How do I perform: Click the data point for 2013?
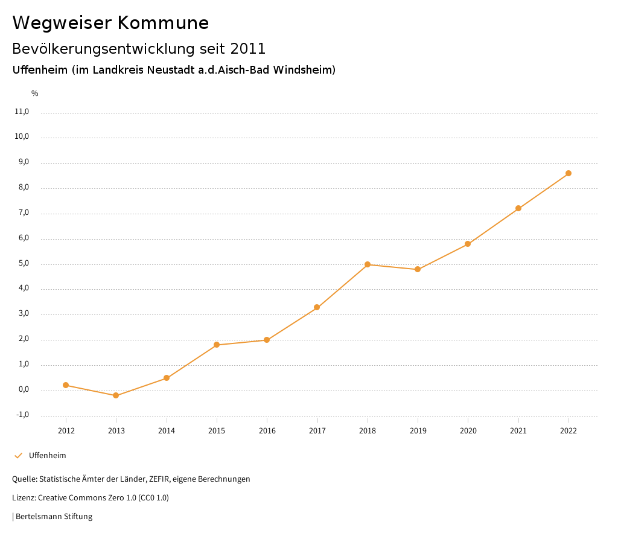click(x=116, y=395)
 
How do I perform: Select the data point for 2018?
click(x=368, y=264)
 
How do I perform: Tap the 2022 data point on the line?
click(x=569, y=173)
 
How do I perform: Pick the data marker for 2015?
click(x=217, y=345)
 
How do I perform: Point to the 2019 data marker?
click(x=418, y=269)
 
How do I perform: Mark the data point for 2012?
click(x=66, y=385)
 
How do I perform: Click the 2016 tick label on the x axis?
click(x=267, y=430)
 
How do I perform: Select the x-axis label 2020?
click(x=468, y=430)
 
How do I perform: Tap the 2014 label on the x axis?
click(x=167, y=430)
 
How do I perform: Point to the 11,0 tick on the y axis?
click(x=22, y=112)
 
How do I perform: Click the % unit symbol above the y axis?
click(x=35, y=94)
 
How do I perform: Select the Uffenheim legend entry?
click(x=47, y=456)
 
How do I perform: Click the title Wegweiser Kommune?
click(x=110, y=23)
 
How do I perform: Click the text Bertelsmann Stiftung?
click(x=54, y=517)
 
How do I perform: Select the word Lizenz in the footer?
click(x=24, y=498)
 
